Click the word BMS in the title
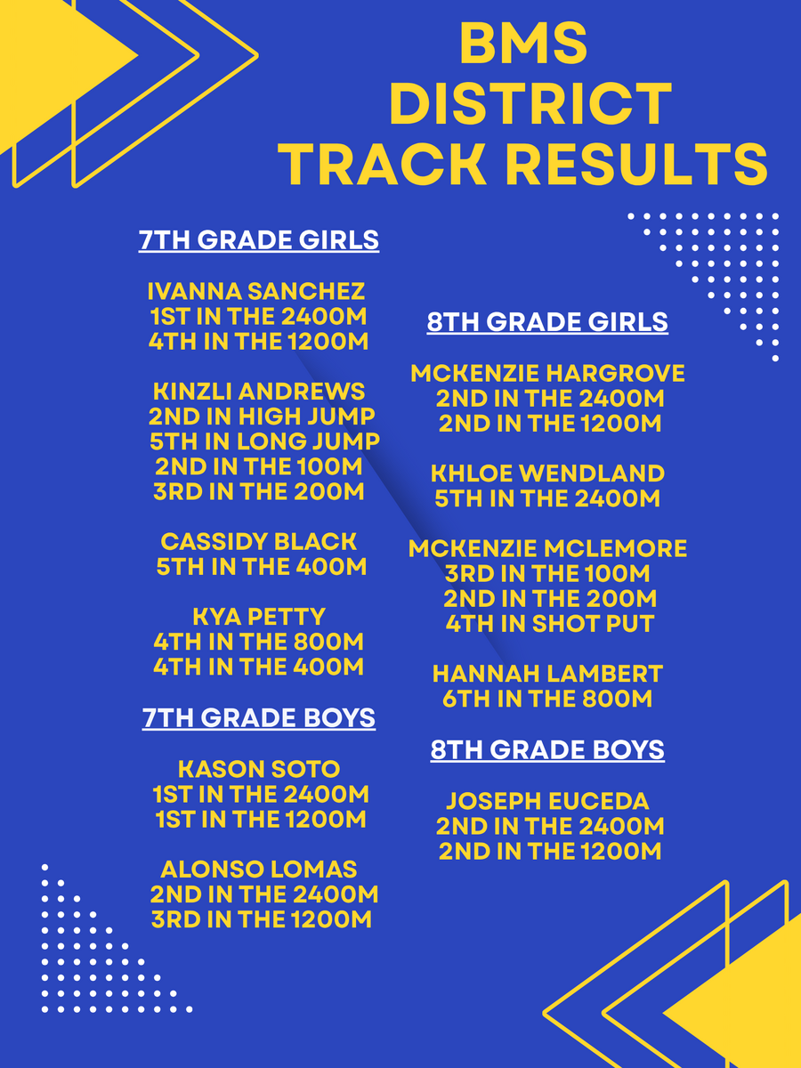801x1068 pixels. pos(523,44)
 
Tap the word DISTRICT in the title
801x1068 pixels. pos(530,103)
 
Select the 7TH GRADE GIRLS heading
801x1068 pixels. pos(259,240)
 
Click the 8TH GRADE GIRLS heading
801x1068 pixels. pos(547,322)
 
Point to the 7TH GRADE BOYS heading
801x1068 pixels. pos(259,717)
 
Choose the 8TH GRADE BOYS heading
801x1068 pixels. pos(547,749)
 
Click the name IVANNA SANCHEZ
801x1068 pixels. pos(256,291)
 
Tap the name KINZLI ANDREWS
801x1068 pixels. pos(259,392)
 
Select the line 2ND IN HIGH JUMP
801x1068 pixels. pos(262,417)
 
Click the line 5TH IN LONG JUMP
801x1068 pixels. pos(264,441)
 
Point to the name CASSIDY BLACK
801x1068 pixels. pos(259,541)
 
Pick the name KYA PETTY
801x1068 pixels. pos(259,617)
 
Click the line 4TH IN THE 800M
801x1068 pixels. pos(259,642)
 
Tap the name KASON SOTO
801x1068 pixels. pos(259,769)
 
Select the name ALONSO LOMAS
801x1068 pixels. pos(259,870)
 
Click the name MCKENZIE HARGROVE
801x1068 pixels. pos(547,373)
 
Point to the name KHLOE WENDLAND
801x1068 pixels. pos(547,473)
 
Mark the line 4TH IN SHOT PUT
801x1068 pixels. pos(550,624)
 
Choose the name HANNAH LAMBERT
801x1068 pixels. pos(547,674)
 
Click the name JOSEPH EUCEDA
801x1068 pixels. pos(547,801)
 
